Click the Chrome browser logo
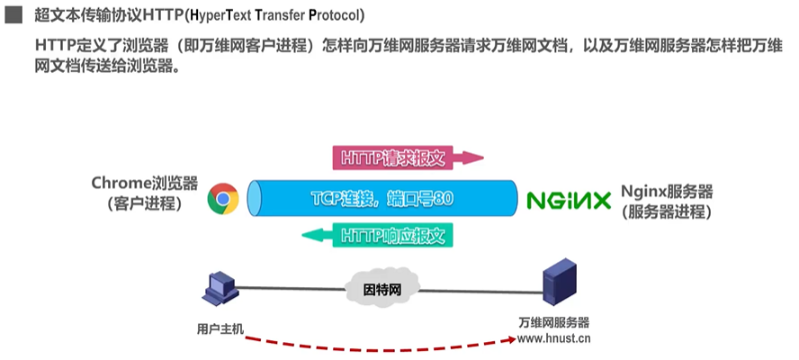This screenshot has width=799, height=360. [222, 199]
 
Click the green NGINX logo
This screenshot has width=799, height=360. [569, 200]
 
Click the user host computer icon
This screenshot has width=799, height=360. [219, 286]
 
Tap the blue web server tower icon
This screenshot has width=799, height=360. [559, 283]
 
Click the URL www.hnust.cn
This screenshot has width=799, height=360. [554, 339]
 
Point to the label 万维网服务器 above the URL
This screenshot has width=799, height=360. [554, 323]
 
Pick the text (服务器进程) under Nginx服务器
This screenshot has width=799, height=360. [667, 213]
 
